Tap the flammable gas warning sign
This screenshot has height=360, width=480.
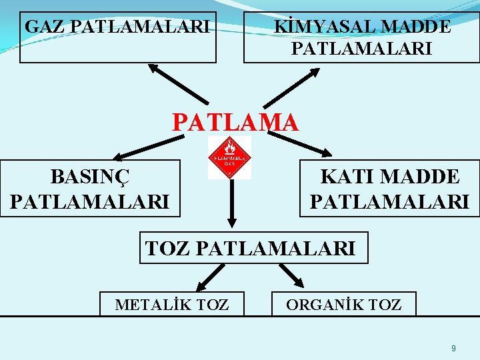tap(229, 158)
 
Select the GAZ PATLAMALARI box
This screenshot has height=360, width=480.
tap(118, 37)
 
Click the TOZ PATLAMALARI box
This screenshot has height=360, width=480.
tap(253, 248)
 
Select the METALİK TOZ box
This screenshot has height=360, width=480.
tap(172, 304)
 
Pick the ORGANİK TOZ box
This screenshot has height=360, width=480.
tap(343, 304)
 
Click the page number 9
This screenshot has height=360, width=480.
tap(453, 348)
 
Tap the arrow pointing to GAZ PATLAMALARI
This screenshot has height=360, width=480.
tap(177, 84)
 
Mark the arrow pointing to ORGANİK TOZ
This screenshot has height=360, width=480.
tap(291, 275)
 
